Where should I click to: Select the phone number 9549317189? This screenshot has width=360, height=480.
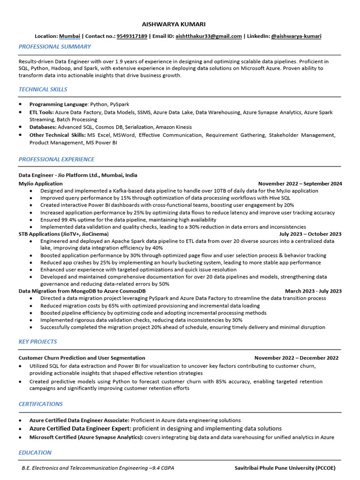click(x=132, y=36)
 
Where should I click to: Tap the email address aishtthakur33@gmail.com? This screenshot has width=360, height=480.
click(x=209, y=36)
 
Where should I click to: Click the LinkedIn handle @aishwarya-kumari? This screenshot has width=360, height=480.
click(x=296, y=36)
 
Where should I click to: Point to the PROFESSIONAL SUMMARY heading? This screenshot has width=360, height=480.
click(x=55, y=47)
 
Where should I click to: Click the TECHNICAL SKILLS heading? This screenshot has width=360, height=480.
click(x=43, y=90)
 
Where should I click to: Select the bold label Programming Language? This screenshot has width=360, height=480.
click(x=59, y=105)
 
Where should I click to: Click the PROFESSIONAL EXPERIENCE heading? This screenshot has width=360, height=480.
click(x=56, y=159)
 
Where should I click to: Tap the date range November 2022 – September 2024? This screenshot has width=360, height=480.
click(x=300, y=184)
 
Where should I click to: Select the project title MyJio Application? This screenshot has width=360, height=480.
click(x=40, y=184)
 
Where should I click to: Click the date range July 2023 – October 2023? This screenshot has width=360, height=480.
click(x=310, y=234)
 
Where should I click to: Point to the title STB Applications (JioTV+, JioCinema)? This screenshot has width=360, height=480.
click(x=63, y=234)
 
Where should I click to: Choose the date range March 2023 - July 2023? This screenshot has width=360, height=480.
click(x=313, y=291)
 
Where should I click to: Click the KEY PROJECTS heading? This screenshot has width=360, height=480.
click(x=37, y=342)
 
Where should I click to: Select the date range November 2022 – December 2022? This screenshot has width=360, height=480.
click(x=296, y=358)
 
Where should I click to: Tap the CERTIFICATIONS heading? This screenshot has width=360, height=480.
click(x=41, y=404)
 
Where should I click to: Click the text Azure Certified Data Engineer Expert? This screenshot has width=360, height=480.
click(x=80, y=428)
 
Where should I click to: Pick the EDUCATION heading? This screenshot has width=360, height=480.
click(x=35, y=453)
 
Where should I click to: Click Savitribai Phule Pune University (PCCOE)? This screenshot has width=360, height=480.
click(x=285, y=468)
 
